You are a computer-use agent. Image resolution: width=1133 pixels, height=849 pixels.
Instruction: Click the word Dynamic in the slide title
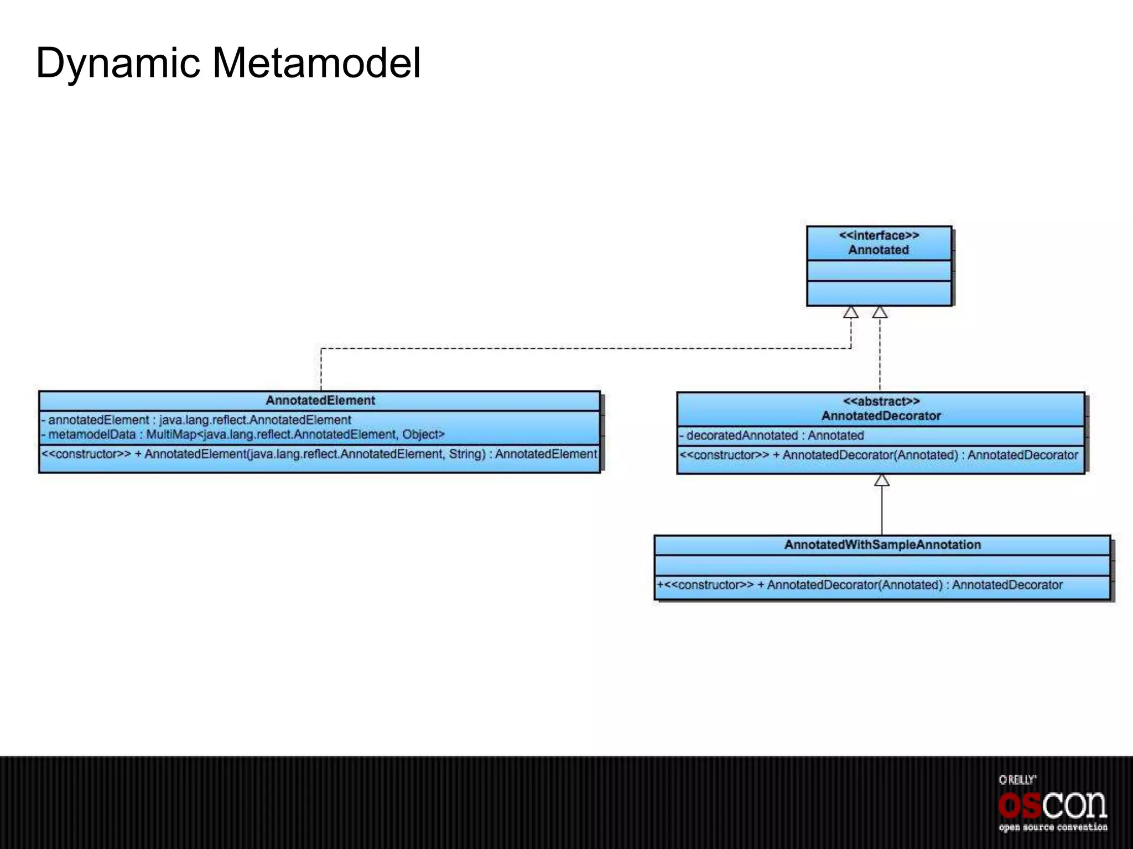point(117,64)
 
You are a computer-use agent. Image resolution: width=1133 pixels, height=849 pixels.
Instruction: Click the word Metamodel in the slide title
point(316,62)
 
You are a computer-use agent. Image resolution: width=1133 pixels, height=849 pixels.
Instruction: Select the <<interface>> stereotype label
point(879,235)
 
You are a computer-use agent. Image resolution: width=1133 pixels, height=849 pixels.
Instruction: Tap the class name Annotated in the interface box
point(879,250)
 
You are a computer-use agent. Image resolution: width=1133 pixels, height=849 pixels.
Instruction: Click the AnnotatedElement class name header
point(320,400)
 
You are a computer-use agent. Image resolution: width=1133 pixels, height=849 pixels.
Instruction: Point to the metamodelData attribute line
point(243,434)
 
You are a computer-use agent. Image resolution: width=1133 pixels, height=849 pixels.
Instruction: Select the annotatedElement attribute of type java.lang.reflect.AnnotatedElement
point(196,420)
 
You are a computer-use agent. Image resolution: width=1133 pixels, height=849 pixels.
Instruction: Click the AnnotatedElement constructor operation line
point(319,454)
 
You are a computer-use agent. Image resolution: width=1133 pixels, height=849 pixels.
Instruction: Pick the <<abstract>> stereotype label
point(881,401)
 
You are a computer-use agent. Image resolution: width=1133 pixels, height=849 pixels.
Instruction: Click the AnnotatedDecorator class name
point(881,416)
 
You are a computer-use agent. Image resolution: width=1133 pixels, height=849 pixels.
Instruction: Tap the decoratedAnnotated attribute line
point(772,436)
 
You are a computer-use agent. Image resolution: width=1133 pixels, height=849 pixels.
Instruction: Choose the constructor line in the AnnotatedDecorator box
point(879,455)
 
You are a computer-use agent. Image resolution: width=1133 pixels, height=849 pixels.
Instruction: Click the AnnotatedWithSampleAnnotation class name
point(882,544)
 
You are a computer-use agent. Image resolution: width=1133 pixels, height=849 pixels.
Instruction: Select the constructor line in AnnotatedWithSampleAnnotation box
point(860,585)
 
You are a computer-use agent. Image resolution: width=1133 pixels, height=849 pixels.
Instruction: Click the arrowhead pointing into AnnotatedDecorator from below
point(882,480)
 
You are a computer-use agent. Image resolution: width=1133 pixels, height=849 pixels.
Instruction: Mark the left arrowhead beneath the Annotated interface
point(851,312)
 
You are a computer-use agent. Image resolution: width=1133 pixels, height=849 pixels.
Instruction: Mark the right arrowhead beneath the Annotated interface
point(880,312)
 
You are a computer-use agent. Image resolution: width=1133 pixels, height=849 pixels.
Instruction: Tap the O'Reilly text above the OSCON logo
point(1017,780)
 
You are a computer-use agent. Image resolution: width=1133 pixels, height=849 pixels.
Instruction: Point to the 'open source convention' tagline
point(1052,827)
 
